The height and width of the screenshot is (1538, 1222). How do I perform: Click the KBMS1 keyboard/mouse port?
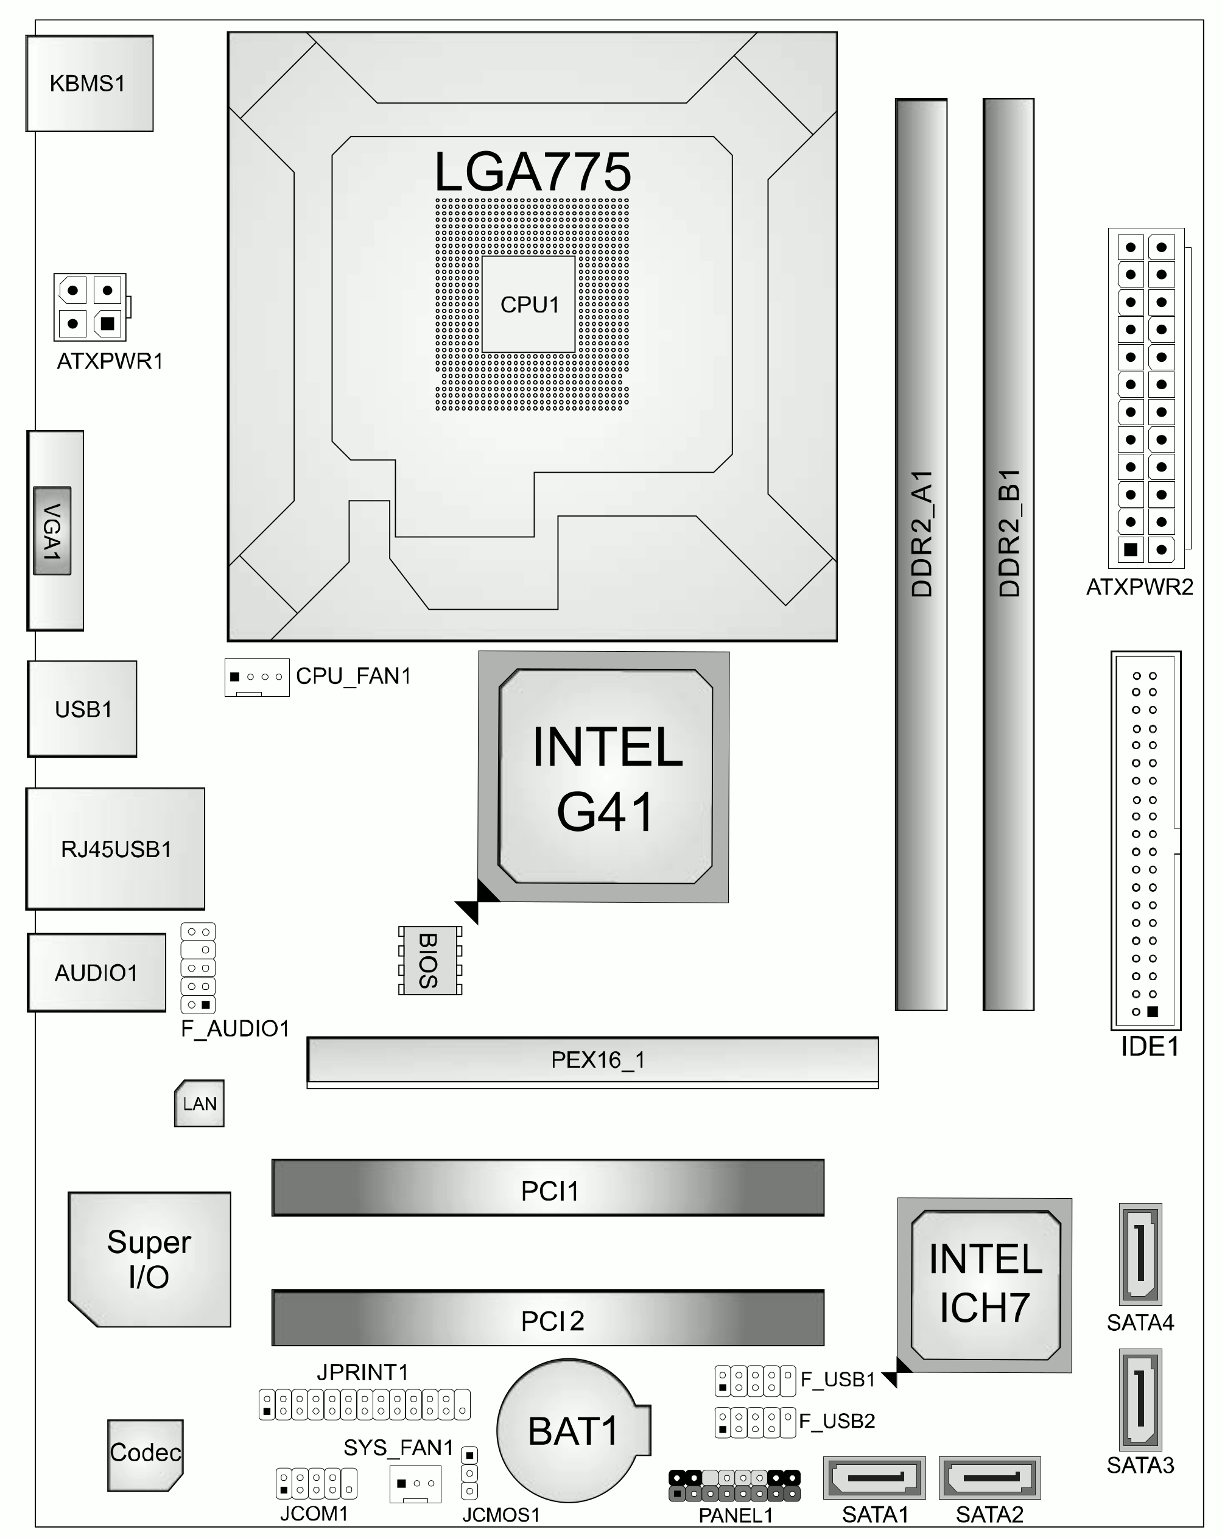click(x=89, y=83)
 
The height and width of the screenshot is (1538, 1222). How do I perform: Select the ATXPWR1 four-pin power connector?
click(x=91, y=308)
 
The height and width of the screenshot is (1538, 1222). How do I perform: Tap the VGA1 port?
click(x=55, y=531)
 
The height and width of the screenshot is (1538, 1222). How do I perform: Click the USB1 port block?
click(x=82, y=708)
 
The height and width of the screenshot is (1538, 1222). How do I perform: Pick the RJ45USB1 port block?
click(x=116, y=849)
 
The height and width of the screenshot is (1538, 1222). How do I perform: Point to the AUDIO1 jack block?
click(x=96, y=972)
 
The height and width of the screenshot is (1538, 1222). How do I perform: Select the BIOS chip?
click(x=430, y=960)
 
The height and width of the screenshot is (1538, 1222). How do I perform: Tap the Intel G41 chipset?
click(x=604, y=777)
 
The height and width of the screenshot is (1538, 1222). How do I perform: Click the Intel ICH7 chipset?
click(x=985, y=1285)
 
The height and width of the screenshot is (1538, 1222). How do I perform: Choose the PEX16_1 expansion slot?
click(x=592, y=1062)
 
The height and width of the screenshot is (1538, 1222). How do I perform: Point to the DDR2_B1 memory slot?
click(x=1008, y=554)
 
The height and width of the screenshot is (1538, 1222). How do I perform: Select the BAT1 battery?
click(x=574, y=1430)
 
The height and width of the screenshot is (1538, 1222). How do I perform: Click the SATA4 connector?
click(x=1141, y=1254)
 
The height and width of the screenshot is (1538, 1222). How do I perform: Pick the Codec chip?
click(x=146, y=1455)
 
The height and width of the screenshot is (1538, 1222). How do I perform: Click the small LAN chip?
click(x=200, y=1103)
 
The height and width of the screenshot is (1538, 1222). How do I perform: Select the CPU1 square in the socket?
click(x=528, y=305)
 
